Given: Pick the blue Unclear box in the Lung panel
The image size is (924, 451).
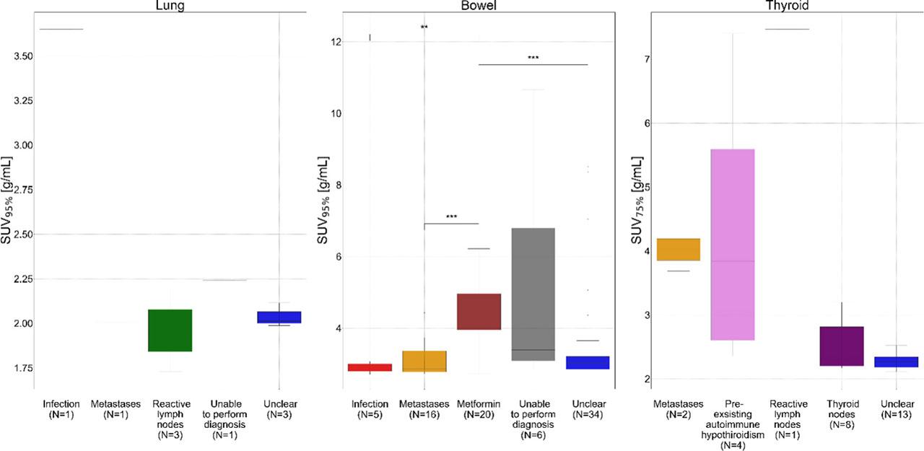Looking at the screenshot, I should click(279, 318).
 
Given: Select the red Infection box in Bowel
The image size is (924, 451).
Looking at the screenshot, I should click(370, 367).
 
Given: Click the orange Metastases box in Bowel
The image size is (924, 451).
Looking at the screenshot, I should click(424, 361).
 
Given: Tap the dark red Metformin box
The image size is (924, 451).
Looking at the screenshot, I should click(479, 312).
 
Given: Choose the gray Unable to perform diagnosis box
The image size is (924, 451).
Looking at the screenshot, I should click(533, 294).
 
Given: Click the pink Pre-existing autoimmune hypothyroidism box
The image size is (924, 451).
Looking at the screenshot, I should click(732, 245).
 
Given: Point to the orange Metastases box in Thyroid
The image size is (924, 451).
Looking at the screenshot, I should click(678, 250).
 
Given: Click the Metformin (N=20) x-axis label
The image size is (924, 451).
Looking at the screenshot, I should click(479, 409).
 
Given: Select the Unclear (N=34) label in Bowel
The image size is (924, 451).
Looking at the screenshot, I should click(588, 409).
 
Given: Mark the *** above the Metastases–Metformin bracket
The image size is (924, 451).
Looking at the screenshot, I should click(451, 216).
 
